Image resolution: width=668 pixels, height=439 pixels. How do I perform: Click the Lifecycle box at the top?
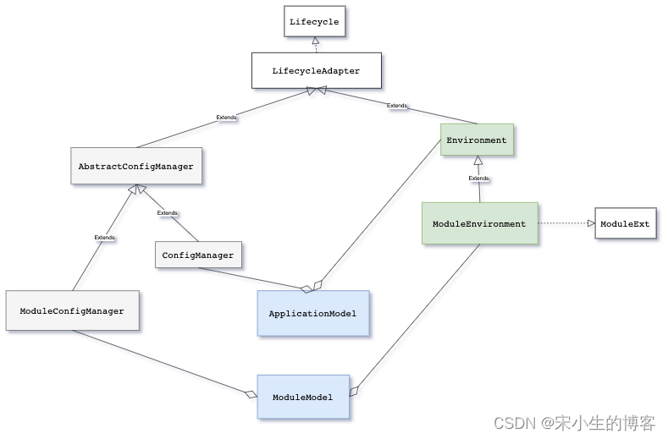(x=314, y=22)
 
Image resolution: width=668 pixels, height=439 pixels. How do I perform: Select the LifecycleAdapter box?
(x=316, y=71)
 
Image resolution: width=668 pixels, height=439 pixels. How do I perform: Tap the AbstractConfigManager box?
(x=135, y=167)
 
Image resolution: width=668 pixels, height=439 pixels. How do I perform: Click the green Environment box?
(x=477, y=140)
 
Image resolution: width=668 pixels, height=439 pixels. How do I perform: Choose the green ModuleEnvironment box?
(x=479, y=224)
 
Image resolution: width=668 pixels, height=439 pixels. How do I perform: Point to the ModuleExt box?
(x=625, y=223)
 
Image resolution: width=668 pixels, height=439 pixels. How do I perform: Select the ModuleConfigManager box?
(x=72, y=310)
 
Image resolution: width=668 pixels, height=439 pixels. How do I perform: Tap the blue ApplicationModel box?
(x=312, y=313)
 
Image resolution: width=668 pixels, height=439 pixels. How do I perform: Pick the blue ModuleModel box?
(x=302, y=397)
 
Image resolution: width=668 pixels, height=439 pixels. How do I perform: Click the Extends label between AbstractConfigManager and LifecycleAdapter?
(x=227, y=118)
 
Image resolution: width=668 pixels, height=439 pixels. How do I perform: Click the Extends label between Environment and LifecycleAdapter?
(x=396, y=106)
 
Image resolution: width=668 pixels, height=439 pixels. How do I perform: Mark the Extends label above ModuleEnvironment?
(x=478, y=178)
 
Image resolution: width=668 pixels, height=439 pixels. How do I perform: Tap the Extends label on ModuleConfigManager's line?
(x=104, y=238)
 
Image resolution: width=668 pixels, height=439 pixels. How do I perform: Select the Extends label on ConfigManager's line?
(x=168, y=213)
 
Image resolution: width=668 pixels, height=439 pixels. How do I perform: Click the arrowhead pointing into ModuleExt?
(x=590, y=223)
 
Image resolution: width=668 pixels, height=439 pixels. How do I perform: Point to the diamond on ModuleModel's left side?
(x=250, y=394)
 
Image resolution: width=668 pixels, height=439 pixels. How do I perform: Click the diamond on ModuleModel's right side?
(x=354, y=391)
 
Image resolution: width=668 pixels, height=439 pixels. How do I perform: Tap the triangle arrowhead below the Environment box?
(x=478, y=161)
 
